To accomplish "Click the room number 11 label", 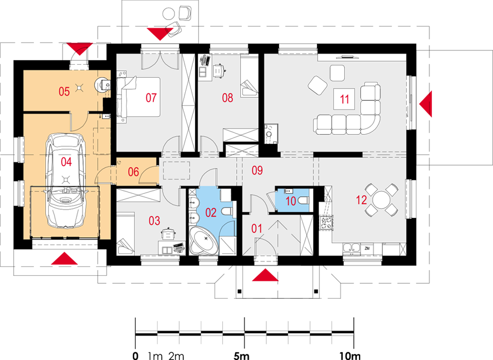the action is [x=345, y=99].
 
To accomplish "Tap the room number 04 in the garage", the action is [x=66, y=162].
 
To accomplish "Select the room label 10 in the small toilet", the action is [x=291, y=202].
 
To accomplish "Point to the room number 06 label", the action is [x=133, y=172].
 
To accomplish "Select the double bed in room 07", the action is [x=138, y=97].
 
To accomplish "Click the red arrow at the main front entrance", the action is [x=265, y=275].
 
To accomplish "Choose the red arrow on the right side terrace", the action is [x=426, y=104].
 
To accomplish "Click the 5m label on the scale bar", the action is [x=241, y=355].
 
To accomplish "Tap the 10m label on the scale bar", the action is [x=350, y=355].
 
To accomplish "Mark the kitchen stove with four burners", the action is [x=326, y=222].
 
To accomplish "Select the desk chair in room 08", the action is [x=219, y=70].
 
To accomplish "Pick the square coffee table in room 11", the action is [x=344, y=99].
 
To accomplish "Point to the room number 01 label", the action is [x=257, y=228].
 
